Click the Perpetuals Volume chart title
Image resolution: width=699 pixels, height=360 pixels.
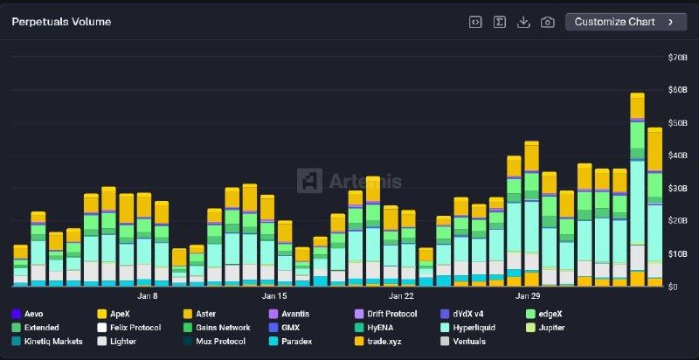point(61,22)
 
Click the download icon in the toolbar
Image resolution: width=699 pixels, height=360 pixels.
point(523,22)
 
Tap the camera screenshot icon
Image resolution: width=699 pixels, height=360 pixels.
point(548,22)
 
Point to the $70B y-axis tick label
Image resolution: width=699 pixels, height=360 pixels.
point(677,58)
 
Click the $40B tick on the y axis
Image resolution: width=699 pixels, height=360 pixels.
point(677,156)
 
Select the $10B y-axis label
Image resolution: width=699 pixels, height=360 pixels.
point(677,254)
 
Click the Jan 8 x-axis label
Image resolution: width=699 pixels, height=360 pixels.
point(147,296)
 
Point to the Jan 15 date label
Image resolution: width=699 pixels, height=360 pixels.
point(274,296)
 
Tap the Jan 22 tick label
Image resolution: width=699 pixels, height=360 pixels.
point(401,296)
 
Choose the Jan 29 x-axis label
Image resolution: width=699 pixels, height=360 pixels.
point(528,296)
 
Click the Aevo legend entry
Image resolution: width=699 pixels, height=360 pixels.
point(32,314)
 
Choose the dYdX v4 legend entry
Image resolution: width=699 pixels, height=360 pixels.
point(471,314)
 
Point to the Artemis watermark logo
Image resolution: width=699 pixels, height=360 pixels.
point(349,181)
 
